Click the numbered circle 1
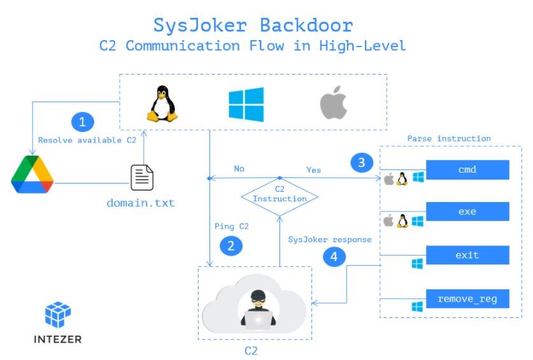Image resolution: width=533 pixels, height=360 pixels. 83,122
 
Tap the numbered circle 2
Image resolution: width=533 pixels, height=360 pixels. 231,246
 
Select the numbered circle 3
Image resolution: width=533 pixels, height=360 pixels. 362,162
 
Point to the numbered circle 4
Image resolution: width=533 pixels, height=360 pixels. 334,257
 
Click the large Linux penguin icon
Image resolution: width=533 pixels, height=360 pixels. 162,103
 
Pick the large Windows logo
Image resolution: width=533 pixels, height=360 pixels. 246,104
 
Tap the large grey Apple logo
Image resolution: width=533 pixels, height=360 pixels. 334,103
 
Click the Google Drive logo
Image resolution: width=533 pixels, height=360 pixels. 32,174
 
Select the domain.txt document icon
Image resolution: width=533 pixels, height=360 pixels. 142,177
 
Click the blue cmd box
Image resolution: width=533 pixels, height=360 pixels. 467,169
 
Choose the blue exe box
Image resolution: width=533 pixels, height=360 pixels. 467,212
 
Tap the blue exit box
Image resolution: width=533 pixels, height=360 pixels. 467,255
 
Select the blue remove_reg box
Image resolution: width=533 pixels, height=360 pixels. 467,299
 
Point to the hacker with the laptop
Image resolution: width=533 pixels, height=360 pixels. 259,310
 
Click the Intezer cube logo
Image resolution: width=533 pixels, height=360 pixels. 58,314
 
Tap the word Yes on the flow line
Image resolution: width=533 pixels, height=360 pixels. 313,169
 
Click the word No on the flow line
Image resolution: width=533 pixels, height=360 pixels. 239,168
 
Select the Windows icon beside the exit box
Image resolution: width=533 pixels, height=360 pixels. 417,264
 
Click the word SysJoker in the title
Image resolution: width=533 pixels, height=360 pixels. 200,25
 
